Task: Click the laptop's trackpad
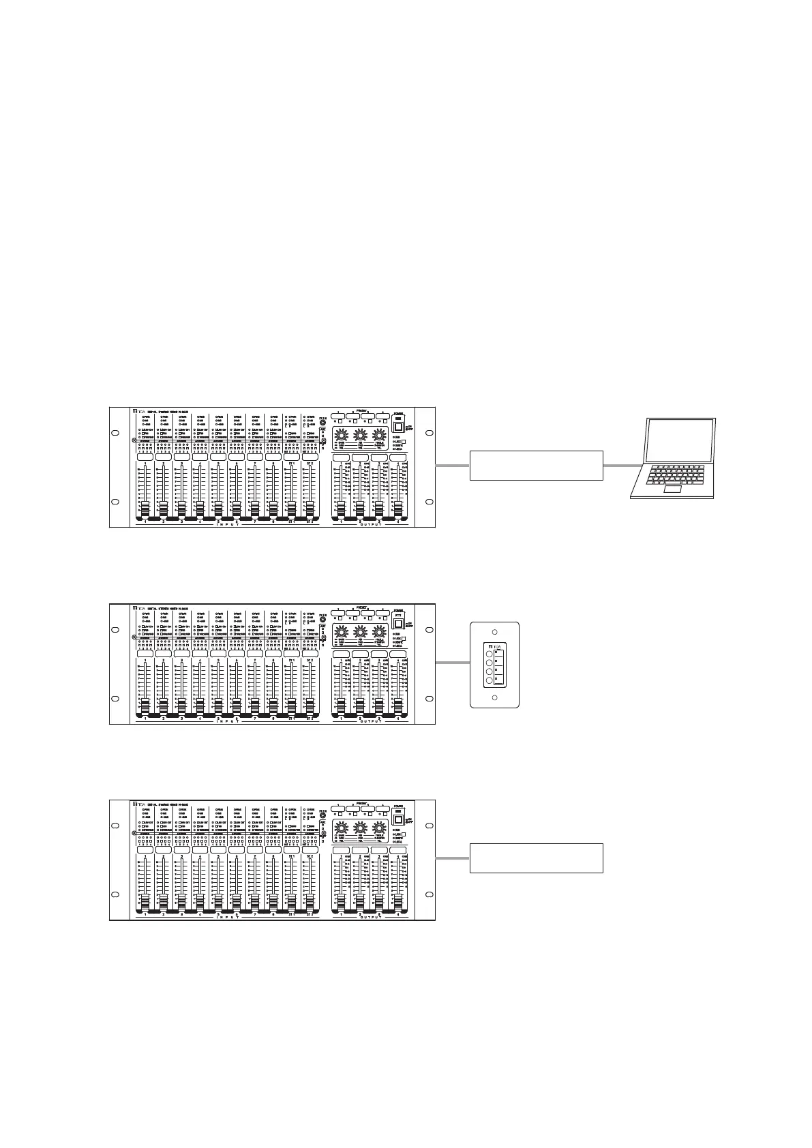[673, 490]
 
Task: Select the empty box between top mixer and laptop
[536, 465]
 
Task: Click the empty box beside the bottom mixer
[536, 858]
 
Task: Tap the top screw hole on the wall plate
[496, 632]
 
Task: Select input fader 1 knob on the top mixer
[145, 508]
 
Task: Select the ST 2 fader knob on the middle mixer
[310, 704]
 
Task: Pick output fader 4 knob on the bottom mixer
[398, 901]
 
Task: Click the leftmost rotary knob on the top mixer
[342, 435]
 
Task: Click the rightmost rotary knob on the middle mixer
[378, 632]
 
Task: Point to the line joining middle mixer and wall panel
[453, 663]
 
